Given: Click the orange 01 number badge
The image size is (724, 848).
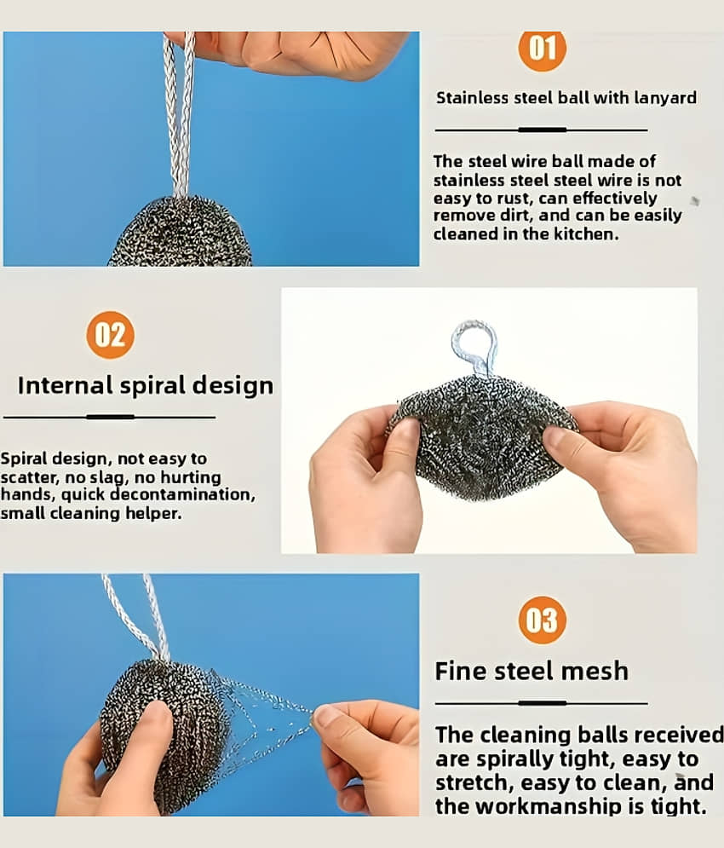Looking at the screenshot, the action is tap(542, 49).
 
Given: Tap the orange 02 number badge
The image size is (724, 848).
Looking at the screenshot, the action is tap(110, 335).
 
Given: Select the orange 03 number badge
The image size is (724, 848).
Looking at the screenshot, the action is tap(542, 620).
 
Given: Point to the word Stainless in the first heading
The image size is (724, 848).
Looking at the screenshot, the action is tap(473, 98).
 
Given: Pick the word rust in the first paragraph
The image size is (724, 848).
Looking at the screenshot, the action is tap(514, 199).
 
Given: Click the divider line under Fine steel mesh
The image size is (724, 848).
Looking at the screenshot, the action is tap(541, 703).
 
